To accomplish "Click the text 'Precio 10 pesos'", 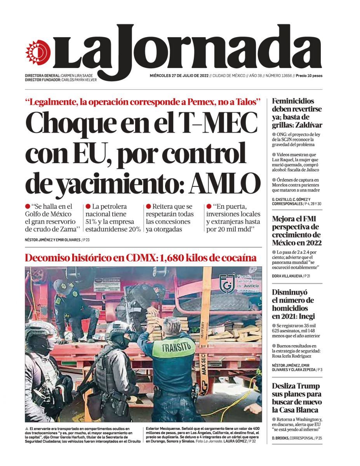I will [x=309, y=76].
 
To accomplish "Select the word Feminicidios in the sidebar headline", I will [x=293, y=101].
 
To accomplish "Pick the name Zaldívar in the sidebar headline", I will [x=308, y=125].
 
